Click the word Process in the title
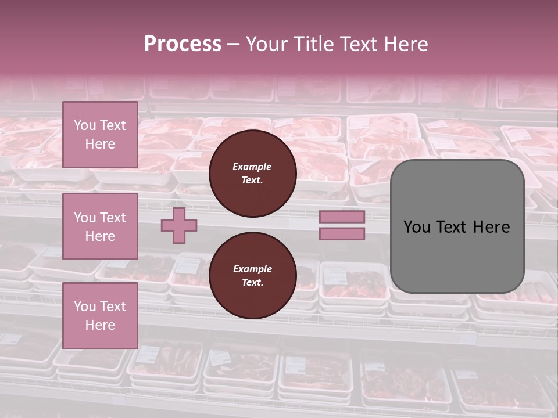click(183, 44)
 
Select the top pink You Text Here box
click(100, 135)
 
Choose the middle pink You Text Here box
click(100, 226)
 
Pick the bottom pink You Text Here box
click(100, 316)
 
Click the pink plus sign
click(179, 226)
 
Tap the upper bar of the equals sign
click(342, 217)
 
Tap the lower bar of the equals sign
click(342, 234)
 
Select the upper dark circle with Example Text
click(253, 174)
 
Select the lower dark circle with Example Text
click(253, 276)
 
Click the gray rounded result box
click(457, 226)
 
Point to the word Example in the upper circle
click(252, 167)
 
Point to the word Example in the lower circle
click(252, 269)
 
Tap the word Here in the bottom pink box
click(100, 325)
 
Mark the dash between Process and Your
click(234, 45)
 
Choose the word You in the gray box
click(417, 227)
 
